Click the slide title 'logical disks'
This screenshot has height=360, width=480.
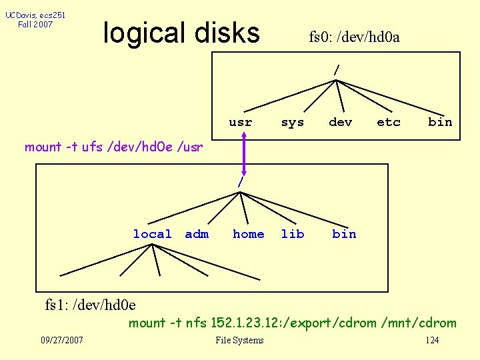coord(181,33)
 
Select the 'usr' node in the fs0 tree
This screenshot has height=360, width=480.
coord(240,122)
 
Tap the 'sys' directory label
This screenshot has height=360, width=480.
coord(292,122)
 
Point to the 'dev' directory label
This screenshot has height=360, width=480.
coord(340,122)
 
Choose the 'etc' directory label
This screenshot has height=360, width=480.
coord(388,122)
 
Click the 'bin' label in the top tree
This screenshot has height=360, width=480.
coord(440,122)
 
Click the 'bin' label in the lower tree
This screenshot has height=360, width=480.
coord(344,234)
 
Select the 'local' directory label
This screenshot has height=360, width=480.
coord(152,234)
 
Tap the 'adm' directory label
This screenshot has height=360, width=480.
coord(197,234)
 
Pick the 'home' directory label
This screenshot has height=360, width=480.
coord(248,234)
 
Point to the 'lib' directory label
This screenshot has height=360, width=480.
coord(292,234)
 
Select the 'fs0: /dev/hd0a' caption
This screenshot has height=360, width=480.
coord(354,37)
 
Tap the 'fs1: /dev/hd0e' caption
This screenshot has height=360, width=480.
coord(90,305)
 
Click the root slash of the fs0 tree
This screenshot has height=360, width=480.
coord(337,69)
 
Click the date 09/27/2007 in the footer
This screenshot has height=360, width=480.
coord(62,341)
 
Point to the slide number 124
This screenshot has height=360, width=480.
coord(432,341)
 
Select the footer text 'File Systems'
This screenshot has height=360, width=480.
coord(239,341)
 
